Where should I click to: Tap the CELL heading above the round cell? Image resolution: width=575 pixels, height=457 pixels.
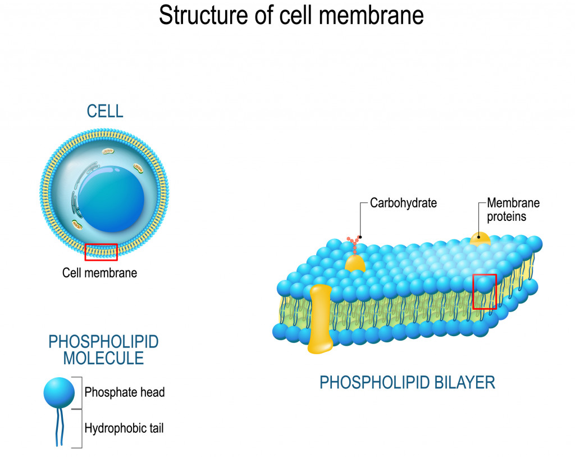105,111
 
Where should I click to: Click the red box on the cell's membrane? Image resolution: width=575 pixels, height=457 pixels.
101,252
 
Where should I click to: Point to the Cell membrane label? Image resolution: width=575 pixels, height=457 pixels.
99,274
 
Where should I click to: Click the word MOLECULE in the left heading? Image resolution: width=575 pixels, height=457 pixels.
103,358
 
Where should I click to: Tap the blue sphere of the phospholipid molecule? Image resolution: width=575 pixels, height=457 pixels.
59,392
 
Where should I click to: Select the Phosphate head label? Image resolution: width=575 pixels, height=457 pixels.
125,392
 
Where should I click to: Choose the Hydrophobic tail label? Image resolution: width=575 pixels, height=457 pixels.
124,428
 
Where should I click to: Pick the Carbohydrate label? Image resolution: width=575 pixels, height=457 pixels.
403,203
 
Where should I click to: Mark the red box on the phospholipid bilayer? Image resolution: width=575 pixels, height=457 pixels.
484,292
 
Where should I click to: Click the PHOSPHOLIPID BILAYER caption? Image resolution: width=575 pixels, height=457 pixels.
407,383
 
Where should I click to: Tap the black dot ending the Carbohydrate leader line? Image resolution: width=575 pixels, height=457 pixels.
360,237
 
